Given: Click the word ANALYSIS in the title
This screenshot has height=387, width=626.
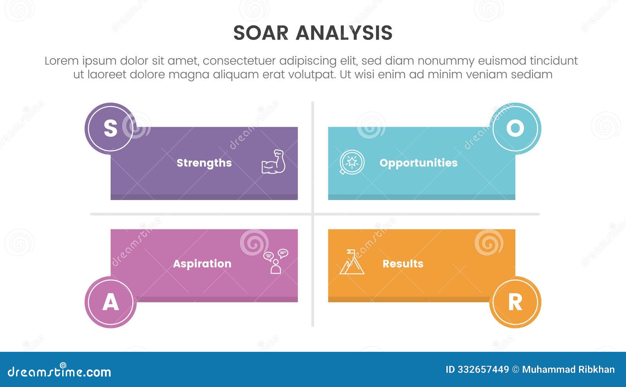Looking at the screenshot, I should click(x=344, y=33).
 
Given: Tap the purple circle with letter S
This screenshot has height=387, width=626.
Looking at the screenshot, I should click(x=111, y=128).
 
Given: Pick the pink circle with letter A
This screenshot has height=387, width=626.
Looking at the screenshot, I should click(x=111, y=302).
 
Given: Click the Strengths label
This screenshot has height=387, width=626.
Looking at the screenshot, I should click(x=204, y=163).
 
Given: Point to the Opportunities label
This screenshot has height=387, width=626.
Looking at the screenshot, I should click(x=418, y=163).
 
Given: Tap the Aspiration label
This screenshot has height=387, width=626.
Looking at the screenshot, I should click(x=202, y=263).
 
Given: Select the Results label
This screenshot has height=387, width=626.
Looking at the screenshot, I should click(x=403, y=263).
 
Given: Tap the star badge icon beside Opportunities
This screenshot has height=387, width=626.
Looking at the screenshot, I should click(x=351, y=162).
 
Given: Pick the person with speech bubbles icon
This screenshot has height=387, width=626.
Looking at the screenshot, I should click(x=276, y=261).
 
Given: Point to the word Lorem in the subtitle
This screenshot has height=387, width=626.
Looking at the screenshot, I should click(x=61, y=61).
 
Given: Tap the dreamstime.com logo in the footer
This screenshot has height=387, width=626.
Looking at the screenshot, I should click(x=59, y=371).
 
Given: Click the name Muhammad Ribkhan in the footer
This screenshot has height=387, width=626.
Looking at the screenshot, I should click(x=568, y=369).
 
